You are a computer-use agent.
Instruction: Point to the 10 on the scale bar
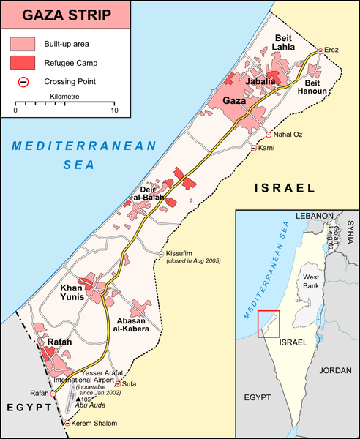tap(113, 111)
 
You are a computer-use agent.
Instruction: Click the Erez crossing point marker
tap(319, 52)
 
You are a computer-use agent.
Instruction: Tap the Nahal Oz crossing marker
tap(269, 135)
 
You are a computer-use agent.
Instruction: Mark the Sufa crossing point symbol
tap(117, 383)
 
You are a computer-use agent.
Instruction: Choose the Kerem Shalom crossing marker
tap(68, 423)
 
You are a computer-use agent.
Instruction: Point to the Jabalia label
tap(260, 82)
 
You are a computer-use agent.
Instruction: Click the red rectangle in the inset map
tap(269, 324)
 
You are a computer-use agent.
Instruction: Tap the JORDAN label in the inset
tap(336, 370)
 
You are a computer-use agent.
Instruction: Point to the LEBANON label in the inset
tap(315, 217)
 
